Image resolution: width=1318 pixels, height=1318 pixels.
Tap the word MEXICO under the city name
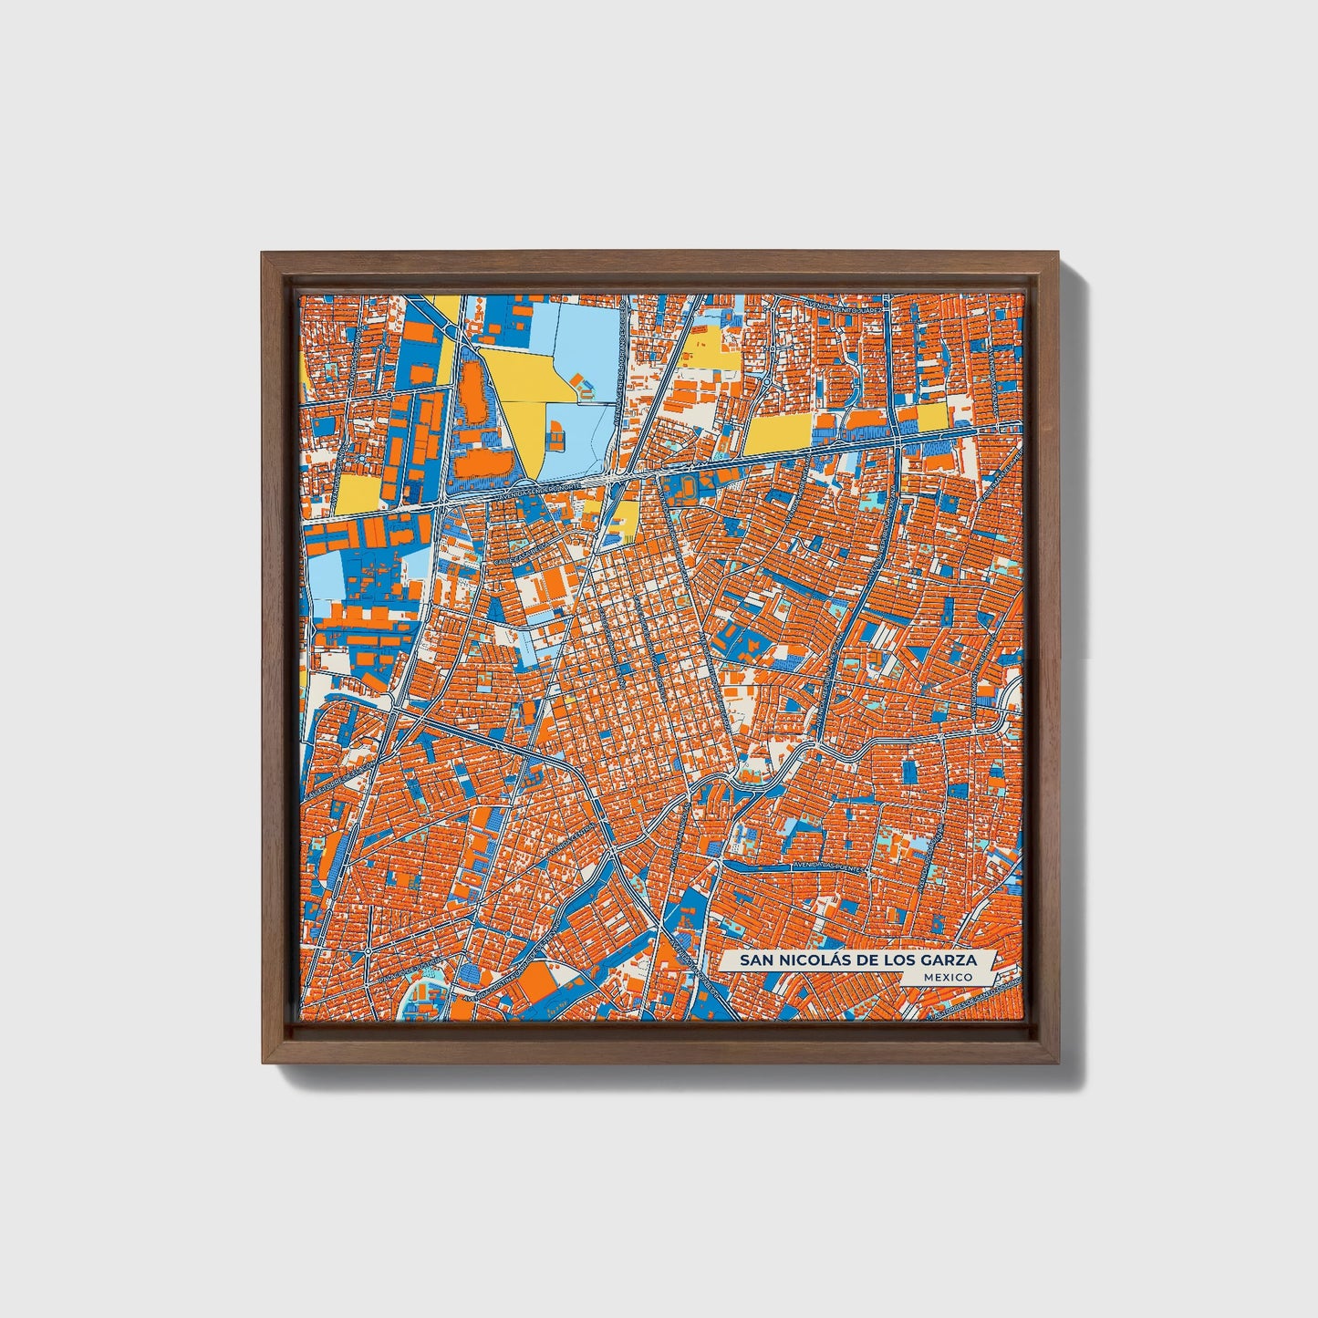947,977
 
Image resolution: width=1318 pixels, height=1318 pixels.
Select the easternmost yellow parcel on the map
932,417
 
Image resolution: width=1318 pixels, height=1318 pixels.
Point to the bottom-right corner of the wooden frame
1059,1063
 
